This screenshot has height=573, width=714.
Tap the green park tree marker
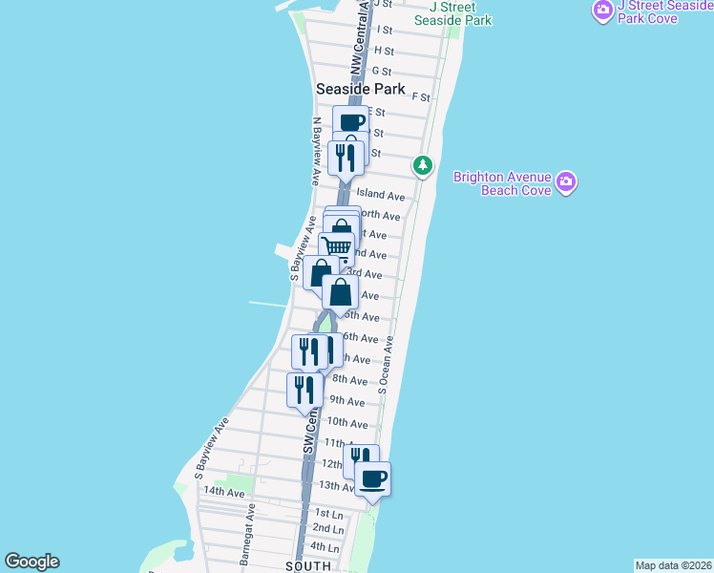422,166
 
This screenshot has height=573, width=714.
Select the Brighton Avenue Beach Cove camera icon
567,181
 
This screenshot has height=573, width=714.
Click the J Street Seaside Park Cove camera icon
602,11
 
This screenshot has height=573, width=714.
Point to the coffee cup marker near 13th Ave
373,478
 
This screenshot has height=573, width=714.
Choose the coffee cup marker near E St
350,121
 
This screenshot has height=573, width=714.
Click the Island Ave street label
382,196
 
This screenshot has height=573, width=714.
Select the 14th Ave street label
223,492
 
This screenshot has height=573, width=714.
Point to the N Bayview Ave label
316,151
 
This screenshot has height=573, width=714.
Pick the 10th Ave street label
346,422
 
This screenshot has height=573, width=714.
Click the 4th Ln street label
325,548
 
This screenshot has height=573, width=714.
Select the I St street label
386,31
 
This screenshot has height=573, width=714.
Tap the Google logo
31,562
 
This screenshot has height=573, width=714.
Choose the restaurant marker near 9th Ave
304,390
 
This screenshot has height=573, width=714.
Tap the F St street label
420,97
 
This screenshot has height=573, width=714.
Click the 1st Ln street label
328,514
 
